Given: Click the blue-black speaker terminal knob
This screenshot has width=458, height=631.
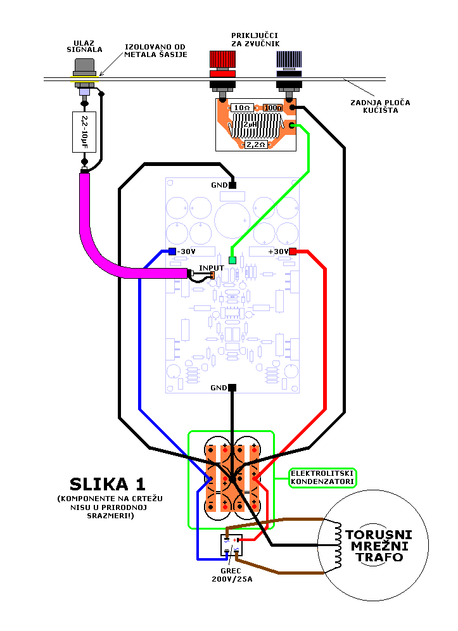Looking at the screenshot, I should coord(289,60).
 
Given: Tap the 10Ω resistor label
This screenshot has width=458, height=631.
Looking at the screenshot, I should coord(241,108).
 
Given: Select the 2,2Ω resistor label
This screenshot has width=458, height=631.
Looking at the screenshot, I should coord(257,144).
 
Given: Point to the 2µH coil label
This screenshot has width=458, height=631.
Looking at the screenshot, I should coord(250,125).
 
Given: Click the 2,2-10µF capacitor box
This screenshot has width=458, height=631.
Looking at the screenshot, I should coord(84,132).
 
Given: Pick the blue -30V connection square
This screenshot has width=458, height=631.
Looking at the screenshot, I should coord(172,252).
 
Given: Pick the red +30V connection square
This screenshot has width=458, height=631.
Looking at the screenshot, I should coord(293,252).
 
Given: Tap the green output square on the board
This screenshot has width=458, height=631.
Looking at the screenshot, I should coord(232,260).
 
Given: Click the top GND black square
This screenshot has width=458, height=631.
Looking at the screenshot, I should coord(232,185).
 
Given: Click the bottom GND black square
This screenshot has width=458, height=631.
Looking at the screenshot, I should coord(232,387).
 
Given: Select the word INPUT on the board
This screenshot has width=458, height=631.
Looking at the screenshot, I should coord(211,268).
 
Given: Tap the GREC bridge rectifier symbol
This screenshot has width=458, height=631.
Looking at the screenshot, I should coord(231,545).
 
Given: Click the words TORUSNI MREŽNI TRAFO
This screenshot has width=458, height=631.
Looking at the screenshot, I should coord(379,545).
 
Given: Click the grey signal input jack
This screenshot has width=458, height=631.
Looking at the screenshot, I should coord(85,66).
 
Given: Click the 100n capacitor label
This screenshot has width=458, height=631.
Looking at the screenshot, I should coord(274,108).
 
